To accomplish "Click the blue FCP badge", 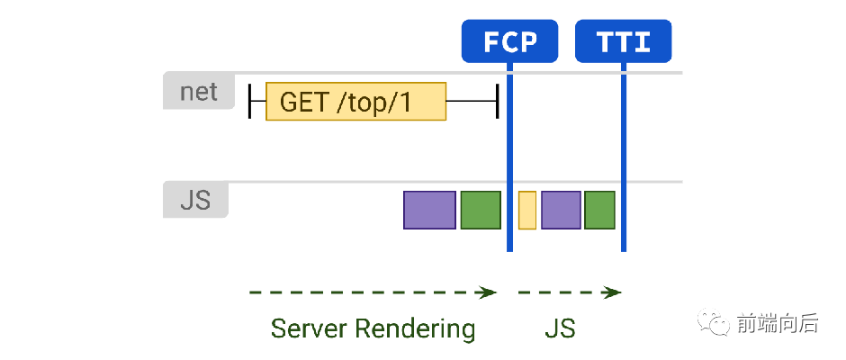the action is [x=509, y=41].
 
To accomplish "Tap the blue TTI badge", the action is [x=623, y=41].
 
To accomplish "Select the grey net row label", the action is [x=199, y=91].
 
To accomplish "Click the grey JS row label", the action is [x=195, y=200].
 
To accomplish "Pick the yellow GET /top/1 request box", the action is [x=355, y=102].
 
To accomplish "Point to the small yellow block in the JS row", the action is [x=527, y=210].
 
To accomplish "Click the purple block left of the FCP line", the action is [x=429, y=210].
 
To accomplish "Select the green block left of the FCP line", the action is [x=481, y=210].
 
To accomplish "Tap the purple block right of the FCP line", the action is [x=561, y=210].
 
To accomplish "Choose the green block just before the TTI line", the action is [x=599, y=210].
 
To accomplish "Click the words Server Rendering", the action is [x=373, y=328].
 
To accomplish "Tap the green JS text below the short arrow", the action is [x=560, y=328].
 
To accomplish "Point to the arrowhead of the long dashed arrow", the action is [x=489, y=292].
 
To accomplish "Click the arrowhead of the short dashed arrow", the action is [x=614, y=292].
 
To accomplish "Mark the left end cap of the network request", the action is [x=249, y=101].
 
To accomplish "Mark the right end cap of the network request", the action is [x=497, y=101].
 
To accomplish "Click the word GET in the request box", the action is [x=303, y=102].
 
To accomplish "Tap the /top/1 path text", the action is [x=373, y=103].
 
